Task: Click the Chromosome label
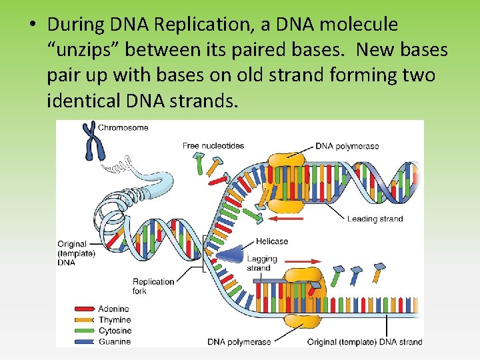click(123, 127)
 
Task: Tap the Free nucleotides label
click(213, 145)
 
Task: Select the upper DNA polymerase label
click(347, 145)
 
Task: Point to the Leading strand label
click(375, 219)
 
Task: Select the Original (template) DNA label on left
click(76, 253)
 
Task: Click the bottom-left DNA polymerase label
click(239, 342)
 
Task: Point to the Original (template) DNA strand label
click(364, 342)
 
